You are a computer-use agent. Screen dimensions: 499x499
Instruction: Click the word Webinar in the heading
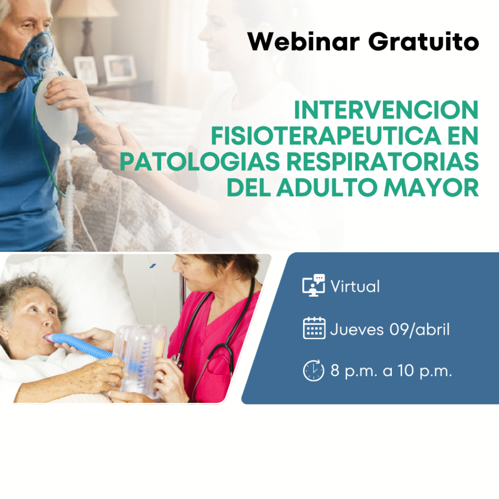click(304, 41)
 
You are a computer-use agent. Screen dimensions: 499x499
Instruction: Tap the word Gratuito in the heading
click(423, 41)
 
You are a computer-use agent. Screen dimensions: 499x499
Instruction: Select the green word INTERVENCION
click(386, 110)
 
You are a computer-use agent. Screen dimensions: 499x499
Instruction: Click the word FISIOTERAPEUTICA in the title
click(326, 136)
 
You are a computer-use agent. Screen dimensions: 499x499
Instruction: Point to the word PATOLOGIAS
click(199, 162)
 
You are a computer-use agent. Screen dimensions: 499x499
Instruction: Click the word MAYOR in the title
click(431, 188)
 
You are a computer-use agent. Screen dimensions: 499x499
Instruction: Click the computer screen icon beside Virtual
click(314, 285)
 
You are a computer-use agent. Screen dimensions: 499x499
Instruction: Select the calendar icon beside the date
click(314, 328)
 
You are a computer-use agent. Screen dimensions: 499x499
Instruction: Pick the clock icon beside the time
click(314, 370)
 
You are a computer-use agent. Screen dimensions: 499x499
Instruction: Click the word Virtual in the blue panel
click(355, 286)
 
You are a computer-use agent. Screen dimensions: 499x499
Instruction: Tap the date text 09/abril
click(420, 329)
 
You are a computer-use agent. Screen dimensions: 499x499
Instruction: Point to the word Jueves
click(357, 329)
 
